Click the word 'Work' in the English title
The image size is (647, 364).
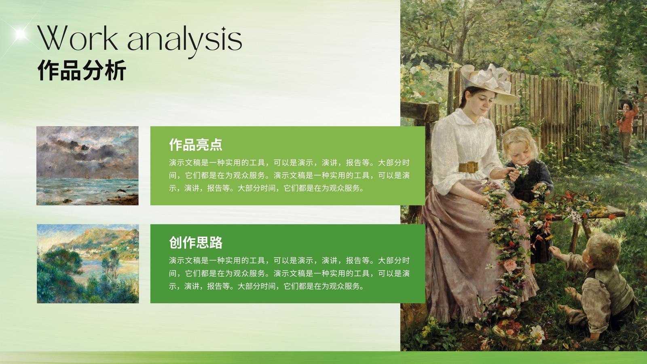(77, 38)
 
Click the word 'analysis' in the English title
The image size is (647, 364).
(185, 41)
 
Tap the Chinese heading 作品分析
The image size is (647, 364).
(82, 70)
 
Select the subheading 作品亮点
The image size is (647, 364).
(196, 145)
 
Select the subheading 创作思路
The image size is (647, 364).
(196, 243)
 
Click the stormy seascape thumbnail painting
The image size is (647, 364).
(87, 165)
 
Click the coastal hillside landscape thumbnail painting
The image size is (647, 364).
(88, 263)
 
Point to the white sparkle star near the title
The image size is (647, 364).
(20, 34)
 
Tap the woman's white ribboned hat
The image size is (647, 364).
(488, 84)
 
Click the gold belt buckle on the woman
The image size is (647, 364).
(469, 167)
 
